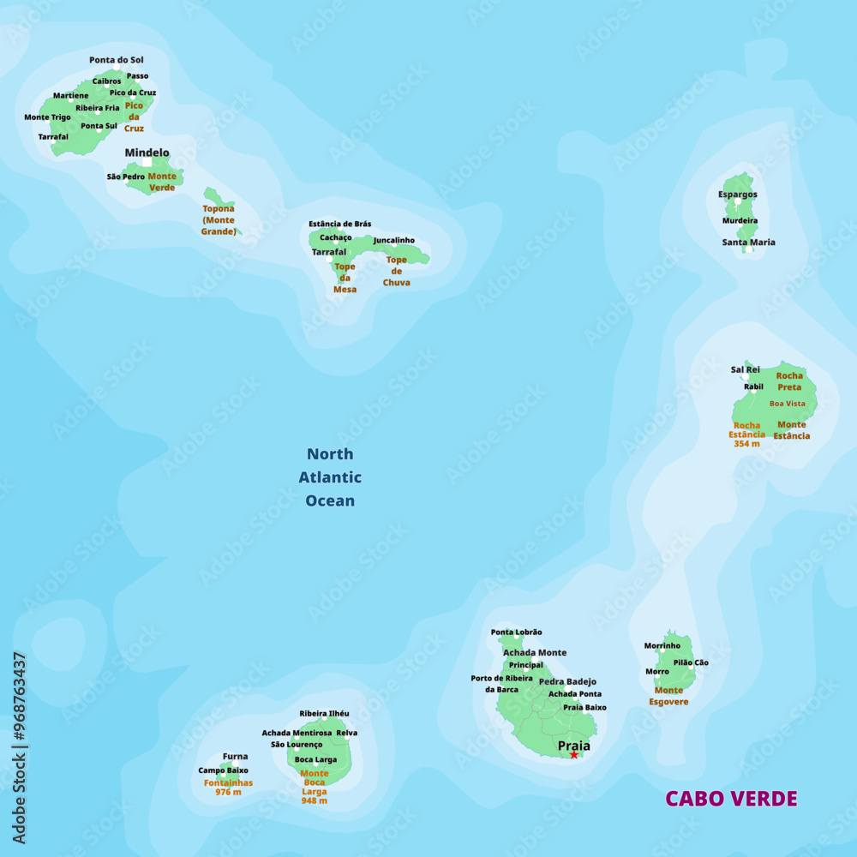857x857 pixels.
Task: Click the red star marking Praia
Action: pyautogui.click(x=574, y=755)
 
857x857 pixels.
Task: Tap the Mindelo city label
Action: pyautogui.click(x=147, y=153)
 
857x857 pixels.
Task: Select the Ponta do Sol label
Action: pyautogui.click(x=117, y=60)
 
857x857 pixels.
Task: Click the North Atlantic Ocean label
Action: pyautogui.click(x=330, y=477)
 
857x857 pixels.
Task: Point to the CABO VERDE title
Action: pyautogui.click(x=731, y=799)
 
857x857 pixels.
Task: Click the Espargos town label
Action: pyautogui.click(x=737, y=195)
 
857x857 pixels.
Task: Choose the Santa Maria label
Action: pyautogui.click(x=748, y=243)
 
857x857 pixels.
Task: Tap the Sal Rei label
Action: pyautogui.click(x=745, y=370)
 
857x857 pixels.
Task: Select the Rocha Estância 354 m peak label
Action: pyautogui.click(x=747, y=434)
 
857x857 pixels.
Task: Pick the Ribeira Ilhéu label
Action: pyautogui.click(x=324, y=713)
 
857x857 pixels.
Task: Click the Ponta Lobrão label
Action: pyautogui.click(x=516, y=632)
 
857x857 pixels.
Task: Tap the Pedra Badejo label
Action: pyautogui.click(x=567, y=682)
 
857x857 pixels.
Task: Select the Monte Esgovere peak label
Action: pyautogui.click(x=669, y=696)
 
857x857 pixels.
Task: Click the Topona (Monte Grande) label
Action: pyautogui.click(x=219, y=219)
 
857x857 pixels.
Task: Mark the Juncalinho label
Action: pyautogui.click(x=393, y=241)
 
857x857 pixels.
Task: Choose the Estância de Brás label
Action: pyautogui.click(x=340, y=225)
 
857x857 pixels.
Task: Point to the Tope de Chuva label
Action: pyautogui.click(x=396, y=271)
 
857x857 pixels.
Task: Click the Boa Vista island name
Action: pyautogui.click(x=787, y=404)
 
